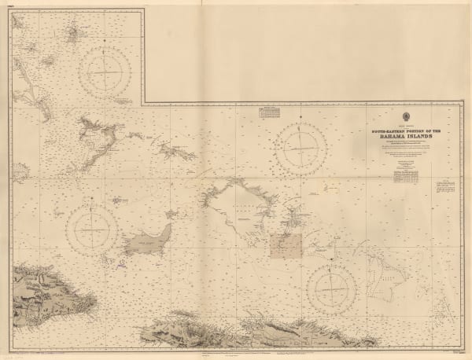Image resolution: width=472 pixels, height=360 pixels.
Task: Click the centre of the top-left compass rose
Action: tap(110, 72)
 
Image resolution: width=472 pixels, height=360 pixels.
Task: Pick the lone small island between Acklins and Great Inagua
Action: tap(120, 200)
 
